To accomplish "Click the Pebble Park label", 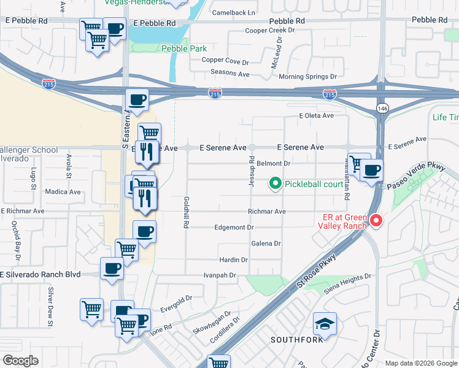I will (183, 48).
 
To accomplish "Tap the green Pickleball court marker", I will (276, 183).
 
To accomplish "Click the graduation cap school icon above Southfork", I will (325, 323).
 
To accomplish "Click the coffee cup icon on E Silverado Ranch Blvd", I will (112, 268).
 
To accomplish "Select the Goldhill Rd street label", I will (185, 213).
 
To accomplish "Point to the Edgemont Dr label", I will (234, 228).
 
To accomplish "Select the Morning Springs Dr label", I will (308, 77).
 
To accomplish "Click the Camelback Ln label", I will (233, 12).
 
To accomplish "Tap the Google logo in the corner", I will (20, 361).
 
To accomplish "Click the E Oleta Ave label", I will (316, 115).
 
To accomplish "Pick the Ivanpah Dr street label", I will (220, 275).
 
